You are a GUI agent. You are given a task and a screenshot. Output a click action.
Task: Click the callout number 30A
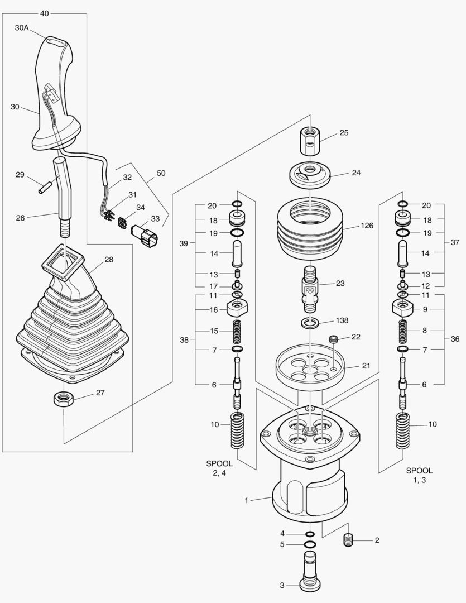tap(22, 27)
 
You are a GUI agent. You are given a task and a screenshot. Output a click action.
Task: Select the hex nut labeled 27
tap(61, 399)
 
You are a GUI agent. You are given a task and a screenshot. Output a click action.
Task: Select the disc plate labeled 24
tap(310, 175)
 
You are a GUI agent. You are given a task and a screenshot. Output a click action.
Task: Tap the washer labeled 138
tap(310, 322)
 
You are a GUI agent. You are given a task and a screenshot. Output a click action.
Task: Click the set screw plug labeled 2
tap(349, 540)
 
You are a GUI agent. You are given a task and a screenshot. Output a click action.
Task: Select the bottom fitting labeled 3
tap(310, 571)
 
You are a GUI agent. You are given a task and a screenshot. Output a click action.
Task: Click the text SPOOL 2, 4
tap(219, 468)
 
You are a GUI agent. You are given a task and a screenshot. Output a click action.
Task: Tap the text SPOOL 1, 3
tap(419, 475)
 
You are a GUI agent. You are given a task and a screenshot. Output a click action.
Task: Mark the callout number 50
tap(161, 174)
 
